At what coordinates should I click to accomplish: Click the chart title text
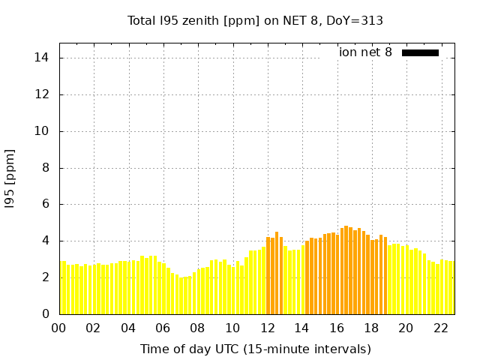coord(255,20)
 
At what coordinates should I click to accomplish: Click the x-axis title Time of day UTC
coord(255,349)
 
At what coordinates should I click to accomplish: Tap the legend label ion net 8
coord(365,52)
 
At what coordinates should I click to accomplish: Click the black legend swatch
coord(420,52)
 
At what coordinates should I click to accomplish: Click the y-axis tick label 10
coord(42,131)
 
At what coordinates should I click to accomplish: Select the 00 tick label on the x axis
coord(58,328)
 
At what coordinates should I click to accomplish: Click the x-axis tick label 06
coord(163,328)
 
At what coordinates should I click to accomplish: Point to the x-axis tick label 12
coord(267,328)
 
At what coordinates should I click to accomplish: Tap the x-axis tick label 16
coord(336,328)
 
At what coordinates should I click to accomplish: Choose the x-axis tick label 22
coord(440,328)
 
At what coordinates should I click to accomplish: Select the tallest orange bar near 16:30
coord(346,270)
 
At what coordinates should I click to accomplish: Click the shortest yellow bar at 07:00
coord(181,296)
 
